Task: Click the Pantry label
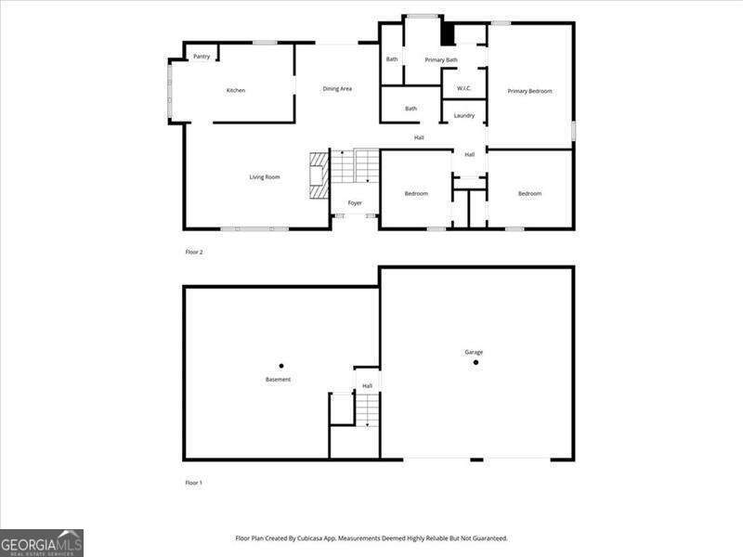[x=202, y=57]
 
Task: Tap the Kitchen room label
[x=236, y=90]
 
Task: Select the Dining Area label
[x=337, y=89]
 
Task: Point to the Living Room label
[x=265, y=177]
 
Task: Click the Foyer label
[x=355, y=203]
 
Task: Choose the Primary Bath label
[x=441, y=60]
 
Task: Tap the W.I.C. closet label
[x=464, y=89]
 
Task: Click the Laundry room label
[x=464, y=116]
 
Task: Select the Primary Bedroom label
[x=529, y=91]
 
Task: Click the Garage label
[x=474, y=352]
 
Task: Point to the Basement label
[x=278, y=380]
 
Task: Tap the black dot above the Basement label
[x=281, y=366]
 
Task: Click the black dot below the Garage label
[x=476, y=362]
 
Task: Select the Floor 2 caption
[x=194, y=252]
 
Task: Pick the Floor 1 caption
[x=194, y=483]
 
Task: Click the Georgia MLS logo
[x=42, y=542]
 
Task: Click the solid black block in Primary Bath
[x=447, y=34]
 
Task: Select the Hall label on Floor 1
[x=367, y=385]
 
